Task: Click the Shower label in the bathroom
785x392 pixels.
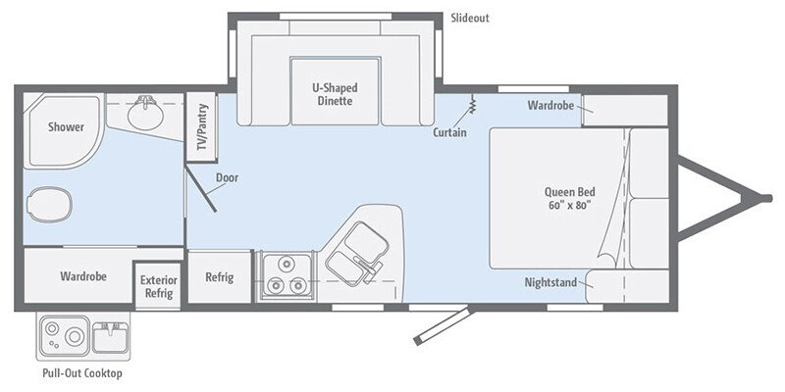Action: [66, 127]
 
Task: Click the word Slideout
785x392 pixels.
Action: [469, 18]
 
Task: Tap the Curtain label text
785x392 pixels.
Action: [449, 132]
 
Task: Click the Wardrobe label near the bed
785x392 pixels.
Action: [549, 105]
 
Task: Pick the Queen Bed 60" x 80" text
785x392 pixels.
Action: [568, 198]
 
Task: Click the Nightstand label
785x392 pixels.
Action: [550, 282]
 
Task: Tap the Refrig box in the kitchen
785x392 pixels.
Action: [219, 277]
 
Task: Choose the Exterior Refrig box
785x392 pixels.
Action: [158, 286]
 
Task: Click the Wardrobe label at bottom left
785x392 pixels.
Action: [82, 276]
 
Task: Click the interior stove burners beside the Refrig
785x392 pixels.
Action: [285, 275]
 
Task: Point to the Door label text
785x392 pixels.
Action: [227, 177]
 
